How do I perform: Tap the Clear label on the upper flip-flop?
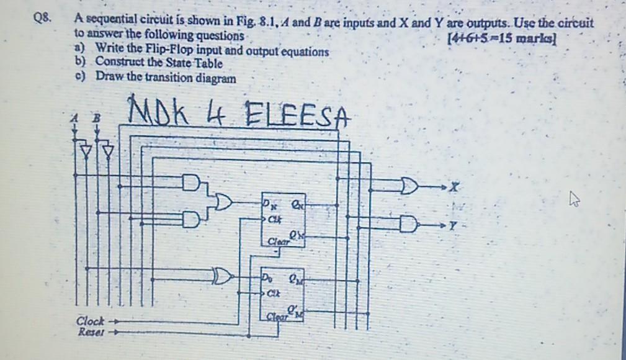click(x=278, y=241)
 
